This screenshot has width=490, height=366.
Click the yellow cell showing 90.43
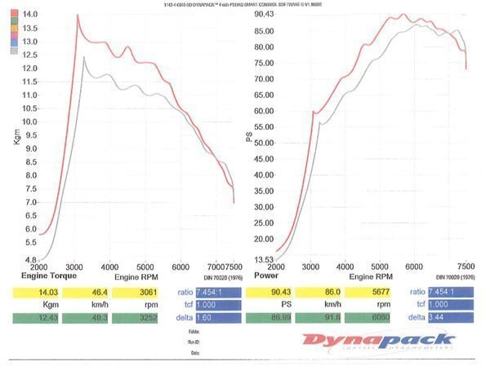click(x=274, y=292)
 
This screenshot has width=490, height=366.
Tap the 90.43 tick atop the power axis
click(x=263, y=15)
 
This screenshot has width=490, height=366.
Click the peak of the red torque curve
click(x=78, y=15)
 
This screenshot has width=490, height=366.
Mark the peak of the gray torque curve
click(x=84, y=56)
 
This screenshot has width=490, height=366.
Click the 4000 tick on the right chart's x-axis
click(x=346, y=267)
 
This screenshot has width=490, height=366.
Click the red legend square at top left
click(x=15, y=15)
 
